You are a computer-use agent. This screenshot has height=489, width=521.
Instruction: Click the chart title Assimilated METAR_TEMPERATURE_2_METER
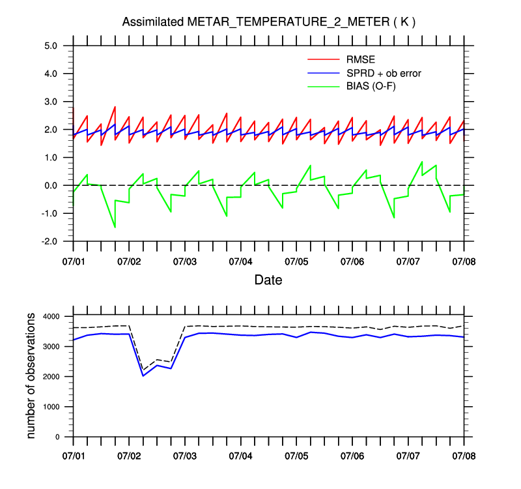click(269, 22)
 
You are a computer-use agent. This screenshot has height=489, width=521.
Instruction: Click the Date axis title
click(268, 280)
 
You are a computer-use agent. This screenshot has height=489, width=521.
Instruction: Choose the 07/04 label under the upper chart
click(240, 261)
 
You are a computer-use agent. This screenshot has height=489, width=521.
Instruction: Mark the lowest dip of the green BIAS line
click(115, 227)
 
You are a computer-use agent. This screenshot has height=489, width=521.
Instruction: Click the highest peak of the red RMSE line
click(115, 107)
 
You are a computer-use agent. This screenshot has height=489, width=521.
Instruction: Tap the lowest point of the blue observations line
click(143, 376)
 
